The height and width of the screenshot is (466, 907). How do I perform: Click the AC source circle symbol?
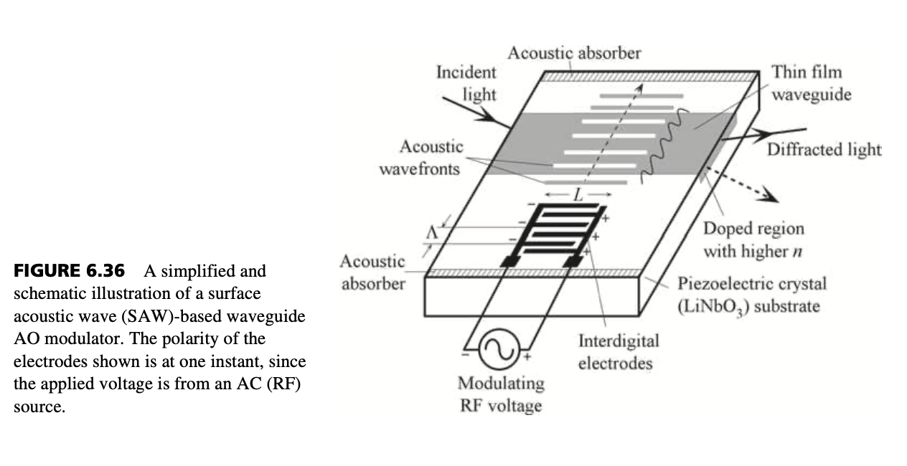click(x=499, y=349)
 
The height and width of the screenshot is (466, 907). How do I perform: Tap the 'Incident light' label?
click(x=466, y=83)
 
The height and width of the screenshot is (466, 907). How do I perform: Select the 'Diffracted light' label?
click(x=824, y=149)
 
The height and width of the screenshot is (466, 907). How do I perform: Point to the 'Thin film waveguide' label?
click(x=812, y=83)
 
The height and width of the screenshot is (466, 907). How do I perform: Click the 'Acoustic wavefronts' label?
click(x=421, y=157)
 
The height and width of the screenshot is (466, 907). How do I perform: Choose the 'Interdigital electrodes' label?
click(x=619, y=352)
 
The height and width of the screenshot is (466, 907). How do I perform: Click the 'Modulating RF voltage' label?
click(x=501, y=394)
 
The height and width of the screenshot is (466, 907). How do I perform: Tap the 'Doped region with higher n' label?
click(x=753, y=239)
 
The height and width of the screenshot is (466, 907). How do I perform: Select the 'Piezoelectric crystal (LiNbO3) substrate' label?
click(x=752, y=295)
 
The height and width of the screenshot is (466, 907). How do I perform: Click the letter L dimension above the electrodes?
click(x=578, y=196)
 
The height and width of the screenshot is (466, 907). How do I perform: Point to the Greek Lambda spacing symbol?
click(x=432, y=233)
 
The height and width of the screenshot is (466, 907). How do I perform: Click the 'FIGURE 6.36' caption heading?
click(x=69, y=270)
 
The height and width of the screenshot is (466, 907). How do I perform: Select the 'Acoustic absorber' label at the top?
click(x=574, y=53)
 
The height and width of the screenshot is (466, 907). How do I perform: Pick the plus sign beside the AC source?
click(x=527, y=357)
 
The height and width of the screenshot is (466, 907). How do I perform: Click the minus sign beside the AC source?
click(x=466, y=355)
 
